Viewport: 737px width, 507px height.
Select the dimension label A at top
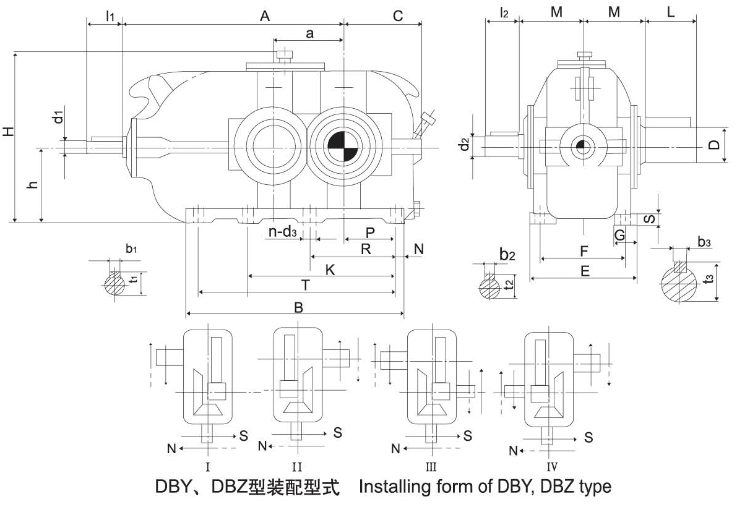click(265, 17)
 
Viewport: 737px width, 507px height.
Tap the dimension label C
click(398, 16)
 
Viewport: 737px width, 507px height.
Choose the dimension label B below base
click(298, 307)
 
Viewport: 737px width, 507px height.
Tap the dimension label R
click(366, 249)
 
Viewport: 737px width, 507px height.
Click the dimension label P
click(370, 232)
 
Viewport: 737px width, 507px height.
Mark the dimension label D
click(714, 145)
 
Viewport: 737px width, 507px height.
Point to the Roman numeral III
click(433, 466)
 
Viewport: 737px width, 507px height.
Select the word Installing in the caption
click(394, 487)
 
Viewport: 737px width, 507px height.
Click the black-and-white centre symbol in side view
click(581, 147)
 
